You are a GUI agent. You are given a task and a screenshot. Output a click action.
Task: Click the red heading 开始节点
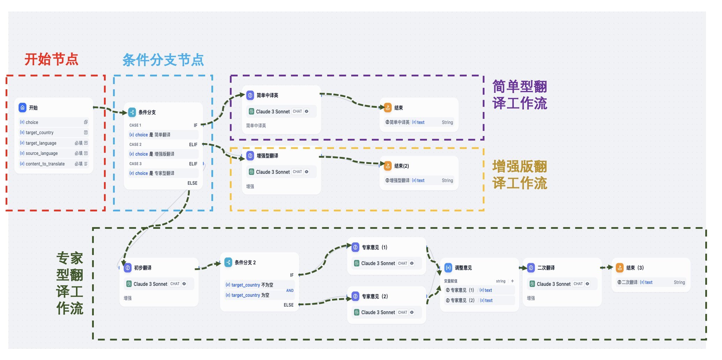tap(51, 59)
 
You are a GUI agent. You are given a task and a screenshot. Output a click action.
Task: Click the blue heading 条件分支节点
tap(163, 60)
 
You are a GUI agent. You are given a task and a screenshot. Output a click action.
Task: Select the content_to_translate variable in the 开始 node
tap(45, 164)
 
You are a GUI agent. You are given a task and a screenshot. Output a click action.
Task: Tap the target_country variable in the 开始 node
tap(39, 133)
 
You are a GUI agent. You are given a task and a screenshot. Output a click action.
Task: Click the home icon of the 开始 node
tap(23, 107)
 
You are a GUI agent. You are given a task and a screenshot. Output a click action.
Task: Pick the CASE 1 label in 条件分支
tap(135, 125)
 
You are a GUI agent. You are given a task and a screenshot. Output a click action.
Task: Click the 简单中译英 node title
tap(267, 95)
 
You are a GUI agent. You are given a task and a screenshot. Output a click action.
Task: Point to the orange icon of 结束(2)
tap(388, 166)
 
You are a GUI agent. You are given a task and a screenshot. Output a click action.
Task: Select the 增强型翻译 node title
tap(267, 156)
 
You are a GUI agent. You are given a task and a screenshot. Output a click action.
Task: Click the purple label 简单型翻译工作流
tap(519, 95)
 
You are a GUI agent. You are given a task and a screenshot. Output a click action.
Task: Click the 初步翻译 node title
tap(143, 268)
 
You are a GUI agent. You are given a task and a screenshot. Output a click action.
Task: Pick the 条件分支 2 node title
tap(245, 262)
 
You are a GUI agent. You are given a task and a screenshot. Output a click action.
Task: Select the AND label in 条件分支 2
tap(289, 290)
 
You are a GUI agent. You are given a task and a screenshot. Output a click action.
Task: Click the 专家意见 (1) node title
tap(374, 247)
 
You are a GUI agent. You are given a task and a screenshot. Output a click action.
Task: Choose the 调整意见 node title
tap(463, 268)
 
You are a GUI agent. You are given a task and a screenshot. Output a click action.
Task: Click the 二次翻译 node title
tap(546, 268)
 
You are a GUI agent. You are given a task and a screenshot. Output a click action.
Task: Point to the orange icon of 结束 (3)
tap(620, 268)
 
